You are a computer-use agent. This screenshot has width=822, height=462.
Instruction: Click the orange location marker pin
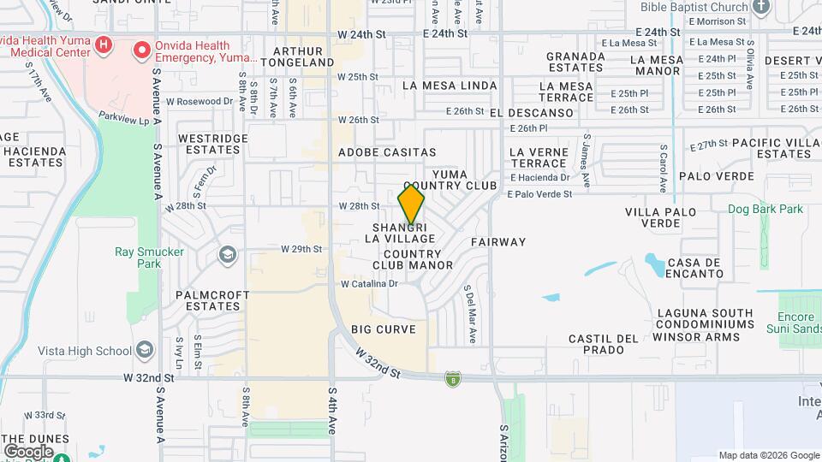click(x=411, y=205)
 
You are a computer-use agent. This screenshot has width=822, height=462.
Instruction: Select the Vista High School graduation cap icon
click(x=145, y=351)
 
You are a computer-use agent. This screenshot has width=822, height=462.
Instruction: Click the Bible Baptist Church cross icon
click(x=761, y=7)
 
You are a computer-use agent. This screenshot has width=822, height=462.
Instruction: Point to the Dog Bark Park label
click(x=765, y=209)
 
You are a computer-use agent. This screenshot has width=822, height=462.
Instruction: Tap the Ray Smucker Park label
click(x=138, y=258)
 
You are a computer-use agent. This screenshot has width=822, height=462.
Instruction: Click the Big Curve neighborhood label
click(x=384, y=329)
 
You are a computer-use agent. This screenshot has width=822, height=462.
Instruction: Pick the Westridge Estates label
click(x=212, y=144)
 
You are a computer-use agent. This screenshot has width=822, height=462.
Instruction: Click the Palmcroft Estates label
click(x=212, y=300)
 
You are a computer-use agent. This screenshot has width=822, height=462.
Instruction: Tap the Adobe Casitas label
click(x=388, y=151)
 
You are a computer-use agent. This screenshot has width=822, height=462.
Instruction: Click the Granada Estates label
click(x=575, y=62)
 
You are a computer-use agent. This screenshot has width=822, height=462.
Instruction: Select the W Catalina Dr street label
click(x=369, y=284)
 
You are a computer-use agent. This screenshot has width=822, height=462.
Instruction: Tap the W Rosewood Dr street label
click(x=199, y=101)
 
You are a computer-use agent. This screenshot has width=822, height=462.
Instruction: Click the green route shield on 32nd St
click(x=452, y=379)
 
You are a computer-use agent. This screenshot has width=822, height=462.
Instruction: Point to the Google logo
click(x=28, y=451)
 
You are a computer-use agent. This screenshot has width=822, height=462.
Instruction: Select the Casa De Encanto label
click(x=694, y=268)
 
